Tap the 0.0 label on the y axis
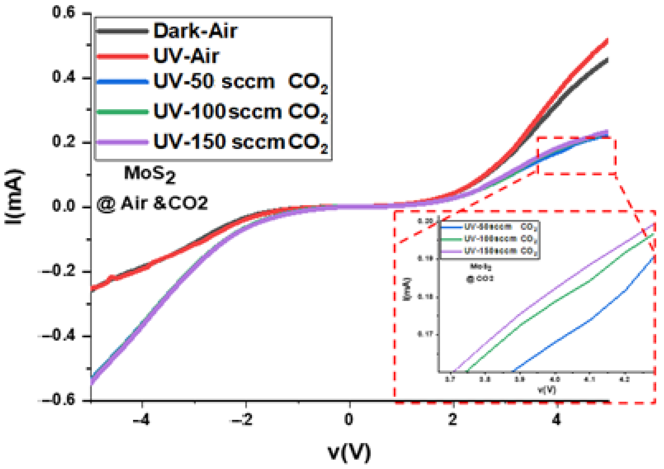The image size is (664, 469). tap(63, 206)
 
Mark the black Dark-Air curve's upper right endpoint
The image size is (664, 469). tap(607, 60)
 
